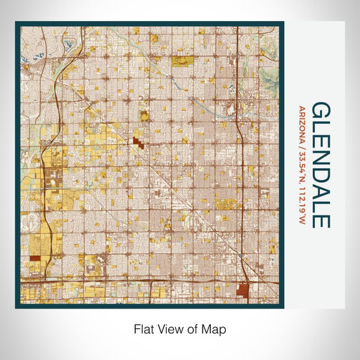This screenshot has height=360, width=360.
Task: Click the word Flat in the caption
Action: (x=144, y=329)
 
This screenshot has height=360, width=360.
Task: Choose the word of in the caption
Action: (x=195, y=329)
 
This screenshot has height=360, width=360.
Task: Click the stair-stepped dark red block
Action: (x=137, y=143)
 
